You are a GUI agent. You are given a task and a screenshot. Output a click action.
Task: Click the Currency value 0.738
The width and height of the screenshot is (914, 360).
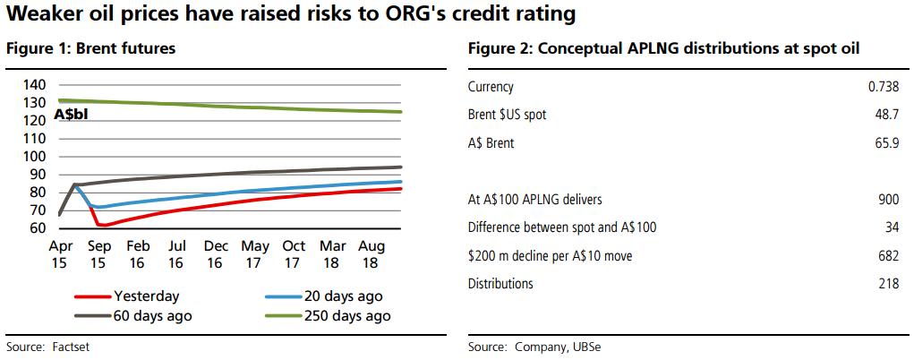click(x=883, y=87)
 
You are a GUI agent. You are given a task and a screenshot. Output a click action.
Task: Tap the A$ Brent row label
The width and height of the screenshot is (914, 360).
click(x=491, y=142)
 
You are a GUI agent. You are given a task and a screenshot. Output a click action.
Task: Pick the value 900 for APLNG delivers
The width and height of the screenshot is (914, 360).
click(x=888, y=200)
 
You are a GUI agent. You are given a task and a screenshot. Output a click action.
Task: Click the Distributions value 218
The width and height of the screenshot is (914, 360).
click(x=888, y=284)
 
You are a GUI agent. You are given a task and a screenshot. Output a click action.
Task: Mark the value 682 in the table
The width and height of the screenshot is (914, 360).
click(x=888, y=256)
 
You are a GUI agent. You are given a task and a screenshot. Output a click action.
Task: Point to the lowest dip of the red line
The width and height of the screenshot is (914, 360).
click(x=101, y=225)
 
